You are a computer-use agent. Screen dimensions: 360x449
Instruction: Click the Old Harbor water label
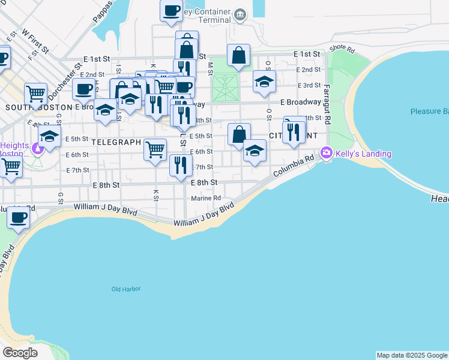[126, 289]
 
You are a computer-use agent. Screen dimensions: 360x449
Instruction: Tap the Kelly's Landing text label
[363, 154]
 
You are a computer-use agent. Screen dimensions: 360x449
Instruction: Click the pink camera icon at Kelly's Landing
[326, 153]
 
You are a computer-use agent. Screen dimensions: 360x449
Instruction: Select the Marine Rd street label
[206, 198]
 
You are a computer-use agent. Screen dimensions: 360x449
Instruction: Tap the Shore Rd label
[342, 48]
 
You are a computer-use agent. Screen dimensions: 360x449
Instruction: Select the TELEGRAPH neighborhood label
[116, 143]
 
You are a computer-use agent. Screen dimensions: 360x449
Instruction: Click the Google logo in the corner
[20, 353]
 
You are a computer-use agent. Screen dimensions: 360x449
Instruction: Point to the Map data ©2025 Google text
[412, 355]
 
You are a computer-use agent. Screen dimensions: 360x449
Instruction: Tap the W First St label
[34, 40]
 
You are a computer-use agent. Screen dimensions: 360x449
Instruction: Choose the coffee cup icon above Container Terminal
[171, 10]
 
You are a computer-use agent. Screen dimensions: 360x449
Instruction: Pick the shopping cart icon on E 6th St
[155, 149]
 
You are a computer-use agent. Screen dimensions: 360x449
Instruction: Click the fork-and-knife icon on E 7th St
[181, 165]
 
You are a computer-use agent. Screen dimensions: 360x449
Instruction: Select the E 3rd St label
[309, 86]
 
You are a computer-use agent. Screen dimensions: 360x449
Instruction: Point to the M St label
[210, 68]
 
